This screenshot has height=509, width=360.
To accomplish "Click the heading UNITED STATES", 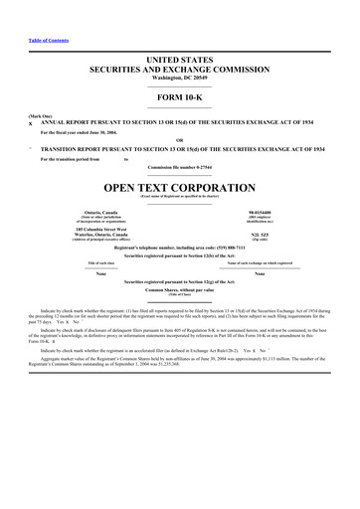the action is [x=179, y=62].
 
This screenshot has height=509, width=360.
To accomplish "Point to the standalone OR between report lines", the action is [x=179, y=139].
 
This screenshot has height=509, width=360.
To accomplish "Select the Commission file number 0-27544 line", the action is [x=179, y=168].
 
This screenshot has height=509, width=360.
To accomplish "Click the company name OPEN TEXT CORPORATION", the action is [x=179, y=186].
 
